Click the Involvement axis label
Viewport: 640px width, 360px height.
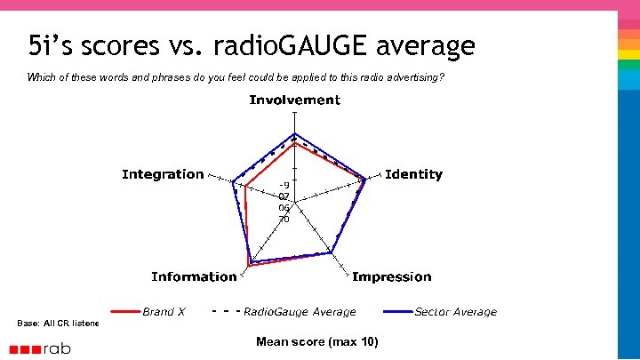(x=294, y=100)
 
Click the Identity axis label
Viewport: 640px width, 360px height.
(x=413, y=174)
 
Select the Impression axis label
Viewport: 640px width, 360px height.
(x=391, y=276)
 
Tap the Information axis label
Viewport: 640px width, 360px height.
(x=194, y=276)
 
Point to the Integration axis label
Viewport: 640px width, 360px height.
(x=163, y=174)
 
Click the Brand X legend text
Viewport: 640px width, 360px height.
(x=164, y=312)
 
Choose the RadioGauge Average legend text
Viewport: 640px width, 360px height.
(x=300, y=312)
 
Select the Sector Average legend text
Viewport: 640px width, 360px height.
(x=456, y=312)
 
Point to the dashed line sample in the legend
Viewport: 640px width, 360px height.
(x=226, y=312)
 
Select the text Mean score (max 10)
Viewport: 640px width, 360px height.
(x=316, y=341)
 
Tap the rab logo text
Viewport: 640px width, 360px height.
(x=59, y=348)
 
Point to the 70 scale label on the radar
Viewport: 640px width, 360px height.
(x=284, y=219)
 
